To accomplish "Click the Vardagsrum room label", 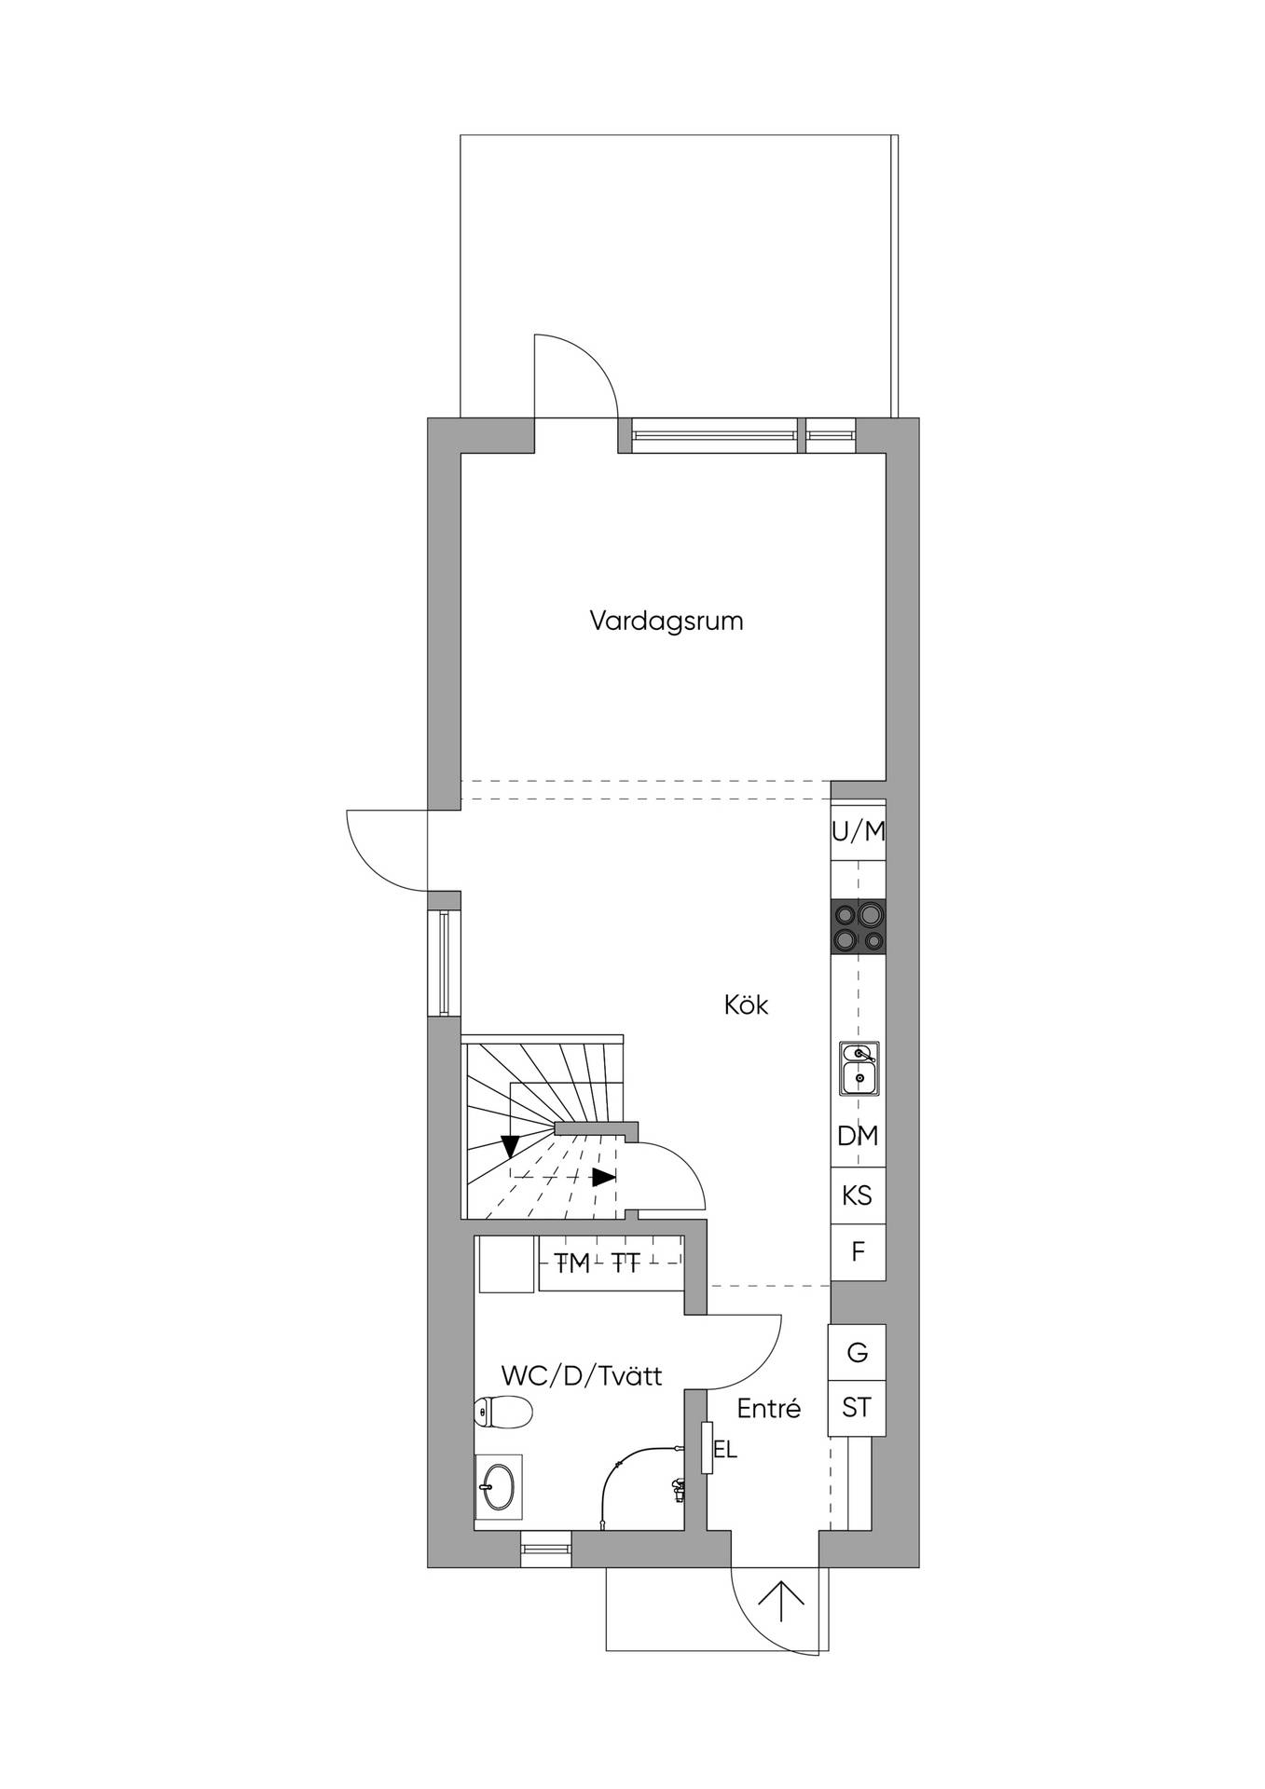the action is (x=667, y=621).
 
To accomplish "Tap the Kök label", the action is (x=746, y=1005).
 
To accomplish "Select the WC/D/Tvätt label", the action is (x=582, y=1375).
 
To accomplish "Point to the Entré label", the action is (x=769, y=1408).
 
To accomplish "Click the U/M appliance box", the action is (x=859, y=832).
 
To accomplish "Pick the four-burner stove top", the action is (x=859, y=927).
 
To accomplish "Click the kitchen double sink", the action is (x=858, y=1068).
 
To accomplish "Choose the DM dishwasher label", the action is (x=858, y=1136).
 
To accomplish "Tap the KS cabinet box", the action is (x=858, y=1195).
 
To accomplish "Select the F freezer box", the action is (x=858, y=1251).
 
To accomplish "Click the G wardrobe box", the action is (x=857, y=1352).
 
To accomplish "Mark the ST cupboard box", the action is (x=857, y=1408).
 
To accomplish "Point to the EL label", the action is (x=724, y=1451).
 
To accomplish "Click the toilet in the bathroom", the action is (x=502, y=1413).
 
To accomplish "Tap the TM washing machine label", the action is (x=572, y=1263).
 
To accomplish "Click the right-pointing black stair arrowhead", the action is (x=604, y=1177).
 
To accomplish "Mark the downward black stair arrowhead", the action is (x=510, y=1145).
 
